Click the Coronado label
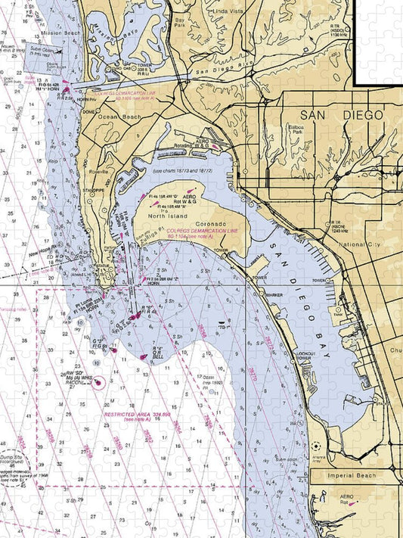pos(212,225)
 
